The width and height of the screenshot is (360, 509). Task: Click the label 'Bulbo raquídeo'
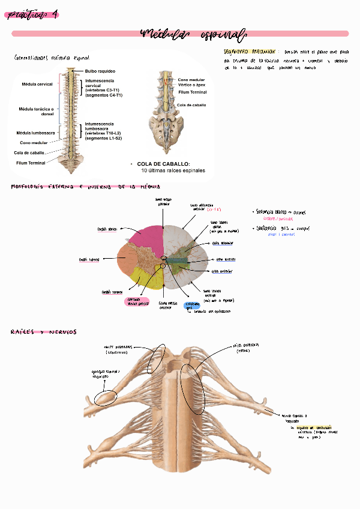point(100,71)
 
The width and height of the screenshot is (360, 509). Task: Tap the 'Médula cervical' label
point(37,84)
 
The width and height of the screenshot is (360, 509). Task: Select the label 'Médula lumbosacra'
point(36,132)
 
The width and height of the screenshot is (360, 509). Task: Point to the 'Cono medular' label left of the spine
point(34,143)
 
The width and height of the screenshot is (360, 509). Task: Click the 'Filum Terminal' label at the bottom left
point(31,163)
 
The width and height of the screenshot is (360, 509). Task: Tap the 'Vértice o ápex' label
point(192,85)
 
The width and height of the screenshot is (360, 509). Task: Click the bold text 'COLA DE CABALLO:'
point(163,164)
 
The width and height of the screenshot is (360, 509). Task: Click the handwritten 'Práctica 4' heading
point(33,15)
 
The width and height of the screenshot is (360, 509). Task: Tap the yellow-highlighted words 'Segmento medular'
point(250,52)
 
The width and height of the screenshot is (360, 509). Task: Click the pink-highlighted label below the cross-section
point(136,303)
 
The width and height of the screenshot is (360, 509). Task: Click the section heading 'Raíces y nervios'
point(44,332)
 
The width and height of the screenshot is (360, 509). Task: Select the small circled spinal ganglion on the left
point(106,397)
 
